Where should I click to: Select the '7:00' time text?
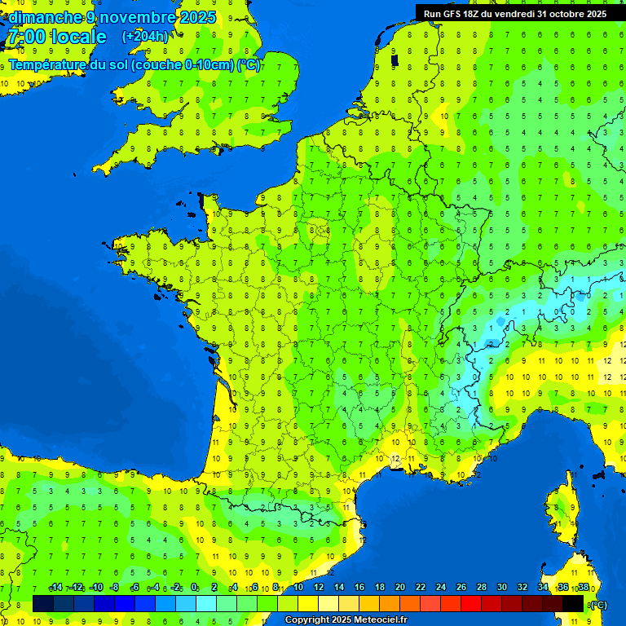[24, 37]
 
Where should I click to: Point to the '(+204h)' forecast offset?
[145, 37]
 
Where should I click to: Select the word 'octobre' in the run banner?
[553, 14]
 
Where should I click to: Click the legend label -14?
[55, 588]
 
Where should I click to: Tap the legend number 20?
[399, 588]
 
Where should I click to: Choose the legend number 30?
[501, 588]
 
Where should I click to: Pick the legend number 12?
[318, 588]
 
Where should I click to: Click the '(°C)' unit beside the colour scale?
[597, 604]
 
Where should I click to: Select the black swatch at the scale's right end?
[573, 603]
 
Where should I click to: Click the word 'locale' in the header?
[78, 37]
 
